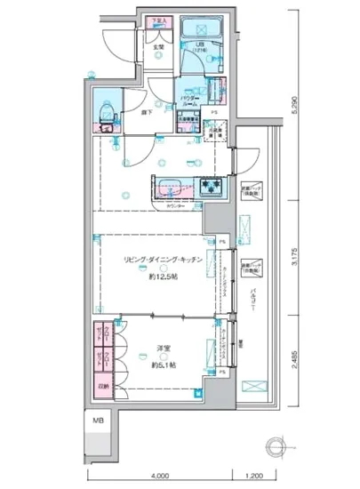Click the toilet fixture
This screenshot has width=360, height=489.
coord(108,114)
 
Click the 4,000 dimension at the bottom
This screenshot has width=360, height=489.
coord(159,473)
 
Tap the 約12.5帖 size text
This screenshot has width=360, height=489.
coord(164,277)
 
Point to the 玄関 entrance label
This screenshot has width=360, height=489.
coord(157,48)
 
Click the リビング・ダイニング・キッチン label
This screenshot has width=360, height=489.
coord(164,260)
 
